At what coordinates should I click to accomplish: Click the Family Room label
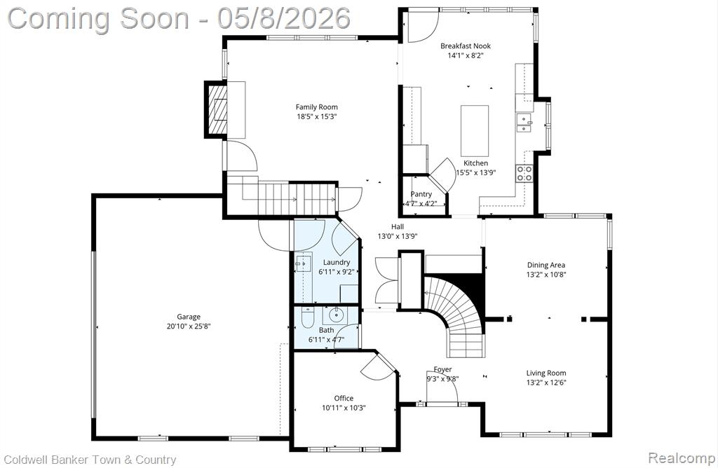click(x=316, y=107)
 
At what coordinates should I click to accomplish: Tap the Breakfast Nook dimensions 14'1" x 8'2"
click(x=466, y=55)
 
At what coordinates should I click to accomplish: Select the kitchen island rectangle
click(x=475, y=131)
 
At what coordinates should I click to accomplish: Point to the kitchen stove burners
click(x=524, y=173)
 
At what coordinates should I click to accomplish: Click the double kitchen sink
click(x=524, y=122)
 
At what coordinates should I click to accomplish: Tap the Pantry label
click(x=421, y=194)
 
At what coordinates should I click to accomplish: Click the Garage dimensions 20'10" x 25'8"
click(x=188, y=326)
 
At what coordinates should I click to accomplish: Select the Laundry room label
click(x=337, y=262)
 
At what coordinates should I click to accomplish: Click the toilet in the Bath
click(x=307, y=317)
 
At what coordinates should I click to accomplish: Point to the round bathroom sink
click(x=337, y=315)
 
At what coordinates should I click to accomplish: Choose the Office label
click(x=344, y=398)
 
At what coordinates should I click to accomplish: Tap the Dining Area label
click(x=546, y=265)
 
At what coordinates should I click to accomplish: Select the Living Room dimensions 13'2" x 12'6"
click(x=546, y=383)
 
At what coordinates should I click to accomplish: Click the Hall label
click(x=398, y=226)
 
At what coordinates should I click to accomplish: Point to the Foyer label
click(x=443, y=369)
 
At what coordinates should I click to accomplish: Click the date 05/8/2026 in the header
click(x=284, y=18)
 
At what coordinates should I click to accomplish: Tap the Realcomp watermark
click(x=682, y=457)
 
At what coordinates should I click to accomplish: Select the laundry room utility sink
click(x=303, y=264)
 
